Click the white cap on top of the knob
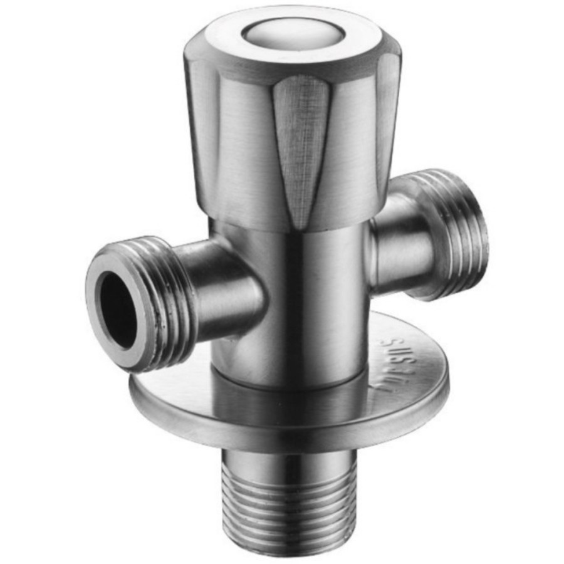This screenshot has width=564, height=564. coord(289,32)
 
